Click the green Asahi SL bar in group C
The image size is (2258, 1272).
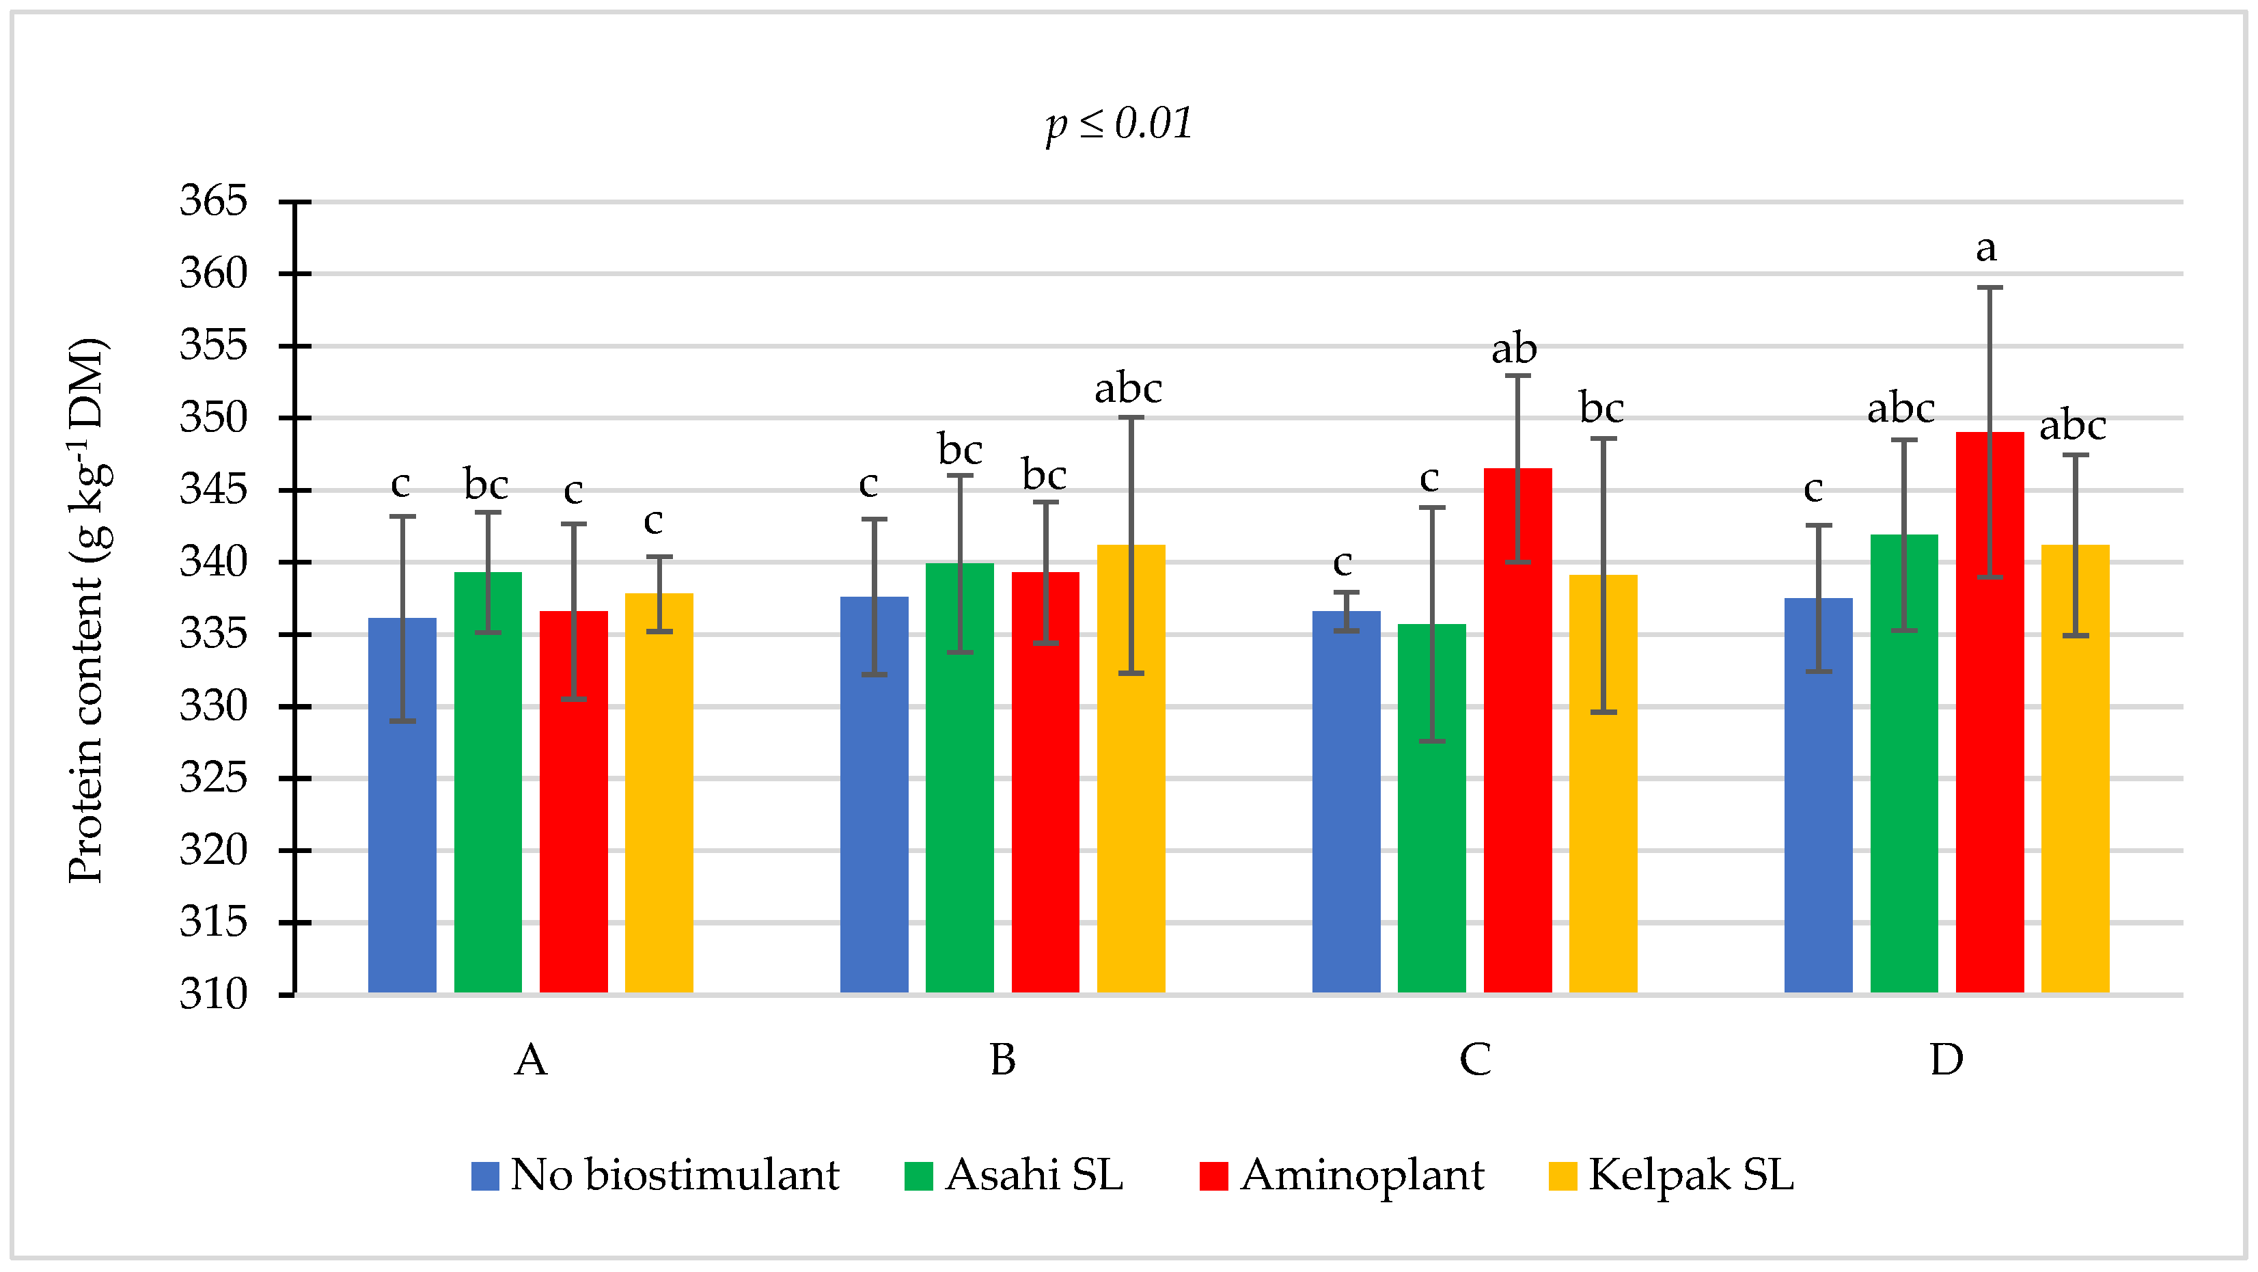[x=1431, y=811]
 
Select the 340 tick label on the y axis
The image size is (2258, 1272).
[x=213, y=562]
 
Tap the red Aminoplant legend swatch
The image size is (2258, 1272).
[x=1213, y=1176]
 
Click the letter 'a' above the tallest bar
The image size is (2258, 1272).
[x=1986, y=249]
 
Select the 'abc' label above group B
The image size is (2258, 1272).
[x=1128, y=388]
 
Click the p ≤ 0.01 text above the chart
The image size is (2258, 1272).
[x=1119, y=124]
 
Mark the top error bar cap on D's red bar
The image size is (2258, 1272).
[x=1989, y=288]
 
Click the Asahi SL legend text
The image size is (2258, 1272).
[x=1034, y=1175]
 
